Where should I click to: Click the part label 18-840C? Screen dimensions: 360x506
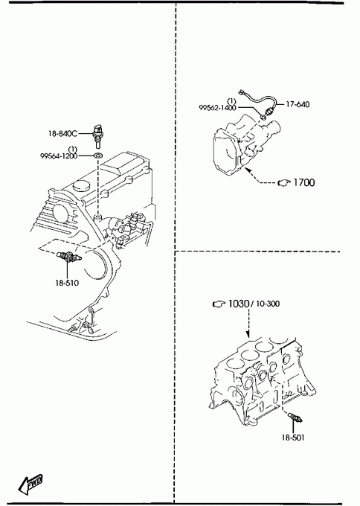(63, 133)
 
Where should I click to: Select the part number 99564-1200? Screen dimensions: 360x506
(59, 156)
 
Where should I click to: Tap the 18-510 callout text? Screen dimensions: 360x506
(67, 283)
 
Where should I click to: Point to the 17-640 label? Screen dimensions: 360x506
(298, 104)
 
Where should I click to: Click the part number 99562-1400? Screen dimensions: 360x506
(218, 108)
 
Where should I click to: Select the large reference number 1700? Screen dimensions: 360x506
(304, 182)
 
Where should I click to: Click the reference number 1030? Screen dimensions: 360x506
(239, 304)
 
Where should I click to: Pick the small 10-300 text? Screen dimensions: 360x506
(268, 304)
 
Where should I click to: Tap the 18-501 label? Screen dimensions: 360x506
(293, 438)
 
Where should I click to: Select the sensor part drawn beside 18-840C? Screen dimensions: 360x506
(97, 135)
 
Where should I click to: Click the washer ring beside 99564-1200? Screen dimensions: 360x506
(97, 156)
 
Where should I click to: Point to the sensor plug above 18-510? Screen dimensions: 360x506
(68, 257)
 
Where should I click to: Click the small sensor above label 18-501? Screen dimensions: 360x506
(295, 417)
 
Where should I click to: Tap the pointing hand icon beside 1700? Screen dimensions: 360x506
(284, 182)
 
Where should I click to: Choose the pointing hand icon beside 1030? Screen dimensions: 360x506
(219, 304)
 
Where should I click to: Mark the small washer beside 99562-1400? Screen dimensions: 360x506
(263, 116)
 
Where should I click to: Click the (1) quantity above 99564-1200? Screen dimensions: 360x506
(73, 150)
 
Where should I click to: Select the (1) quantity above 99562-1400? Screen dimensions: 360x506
(231, 101)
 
